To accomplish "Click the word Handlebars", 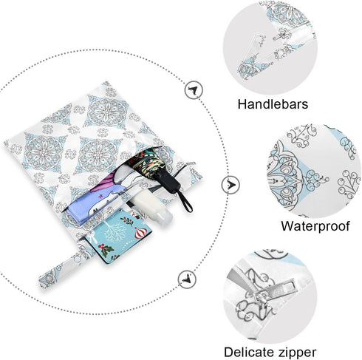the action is tap(273, 104).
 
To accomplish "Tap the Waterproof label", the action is tap(315, 225).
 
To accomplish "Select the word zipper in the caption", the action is tap(296, 353).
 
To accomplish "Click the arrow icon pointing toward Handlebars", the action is tap(194, 90).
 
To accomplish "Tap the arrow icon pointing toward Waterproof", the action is tap(230, 184).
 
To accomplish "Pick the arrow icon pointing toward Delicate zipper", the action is tap(187, 279).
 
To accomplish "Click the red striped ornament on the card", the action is tap(140, 233).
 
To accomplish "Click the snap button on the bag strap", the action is tap(78, 259).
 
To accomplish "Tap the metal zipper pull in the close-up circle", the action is tap(276, 291).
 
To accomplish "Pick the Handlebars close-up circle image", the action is tap(270, 48).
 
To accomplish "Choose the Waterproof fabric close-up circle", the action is tap(313, 171).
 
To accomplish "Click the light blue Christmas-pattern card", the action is tap(118, 235).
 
